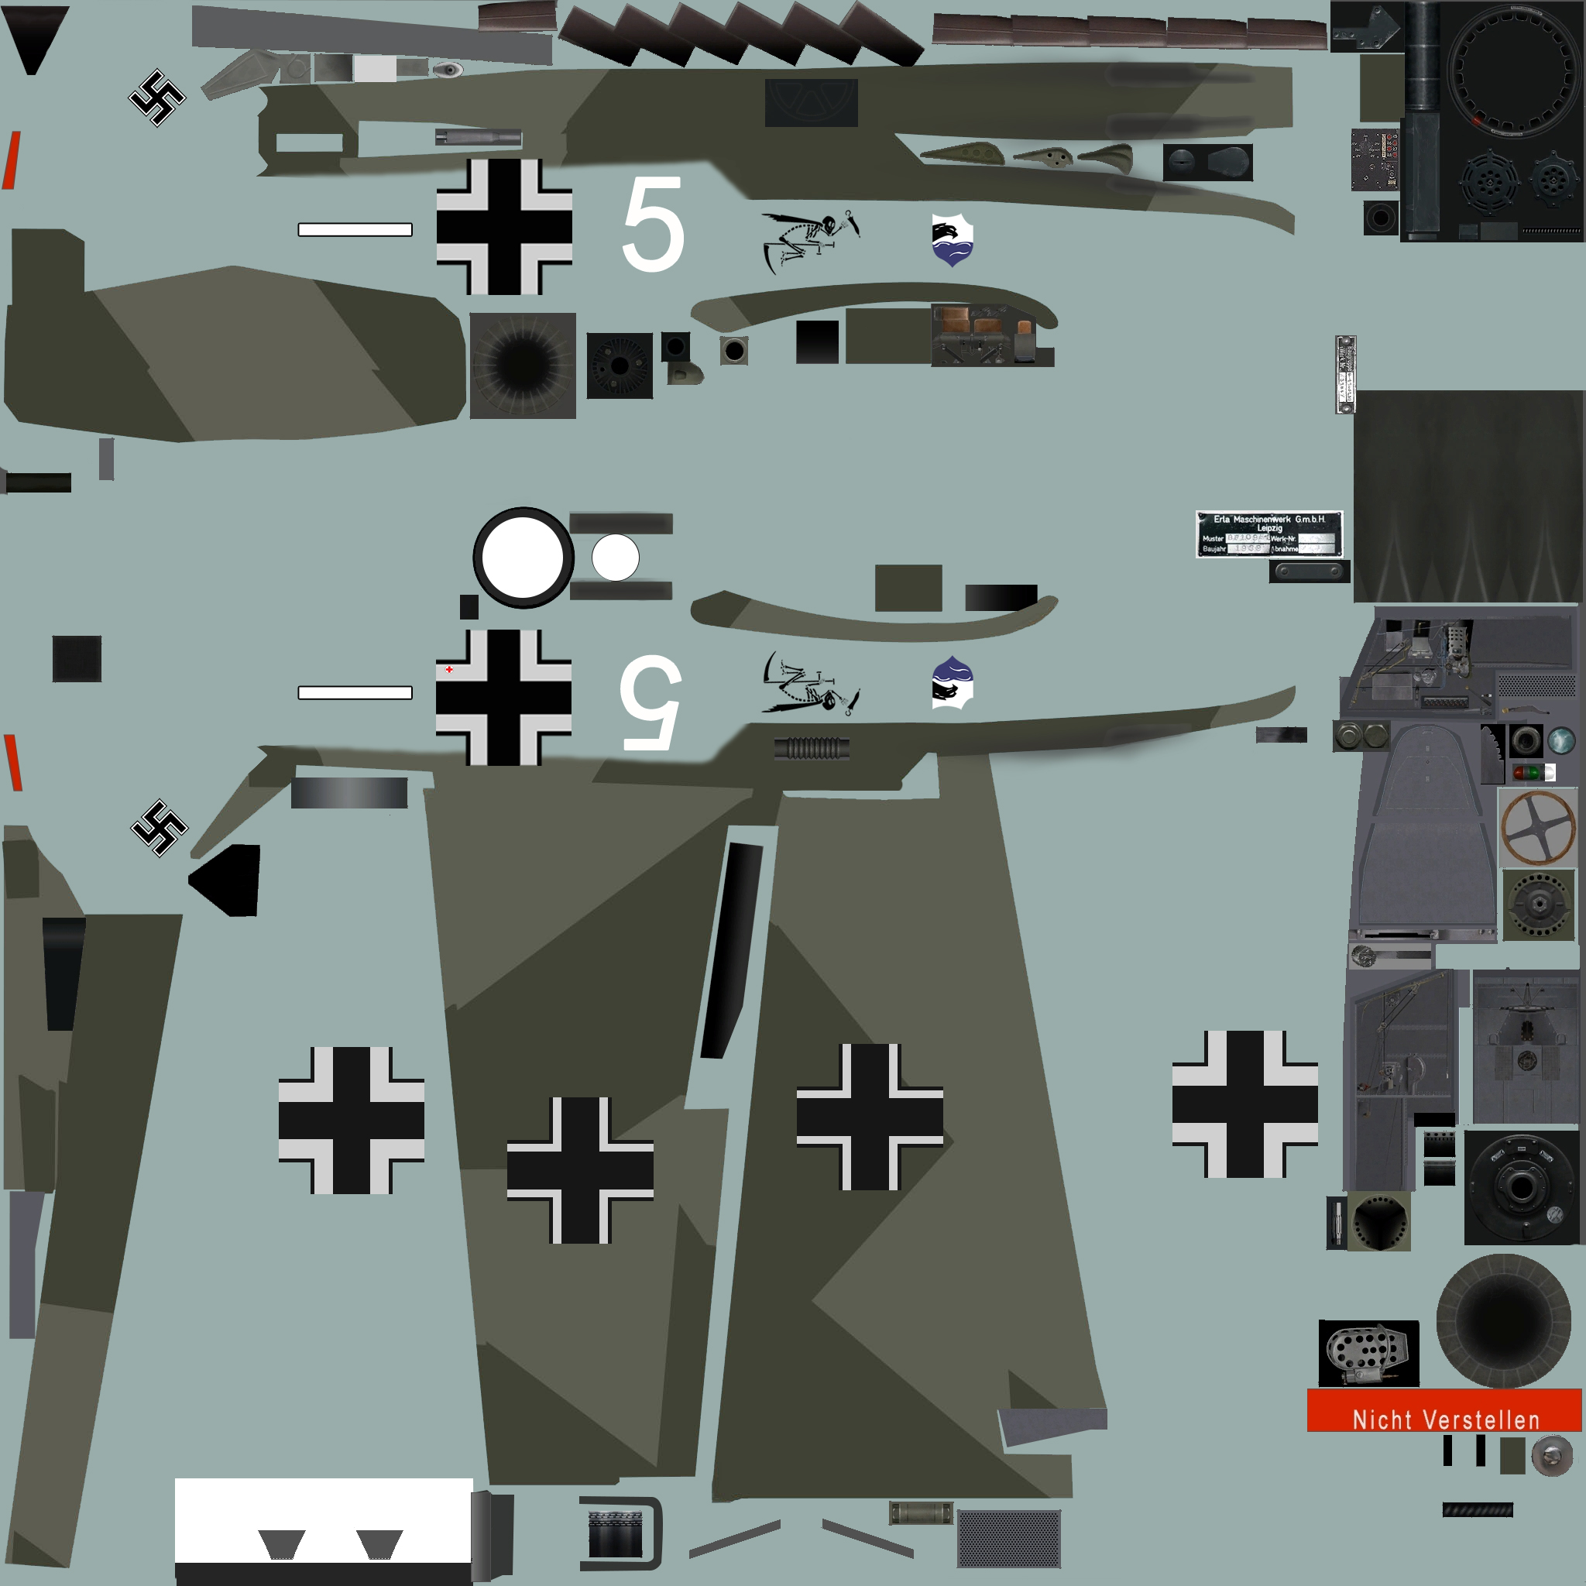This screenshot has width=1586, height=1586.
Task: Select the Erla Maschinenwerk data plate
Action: (1268, 534)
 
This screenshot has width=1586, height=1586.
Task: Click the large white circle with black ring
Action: (523, 558)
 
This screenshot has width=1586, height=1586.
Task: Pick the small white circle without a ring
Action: (615, 558)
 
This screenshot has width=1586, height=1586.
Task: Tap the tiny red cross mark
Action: (449, 670)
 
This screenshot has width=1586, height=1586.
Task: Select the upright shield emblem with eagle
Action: (953, 240)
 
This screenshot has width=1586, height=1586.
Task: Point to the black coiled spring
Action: (811, 748)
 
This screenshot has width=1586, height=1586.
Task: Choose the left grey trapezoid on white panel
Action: (282, 1544)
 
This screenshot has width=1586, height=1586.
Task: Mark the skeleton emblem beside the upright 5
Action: (808, 240)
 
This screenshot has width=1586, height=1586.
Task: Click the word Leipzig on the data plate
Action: (1269, 528)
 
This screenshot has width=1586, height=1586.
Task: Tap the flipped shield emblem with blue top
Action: (953, 682)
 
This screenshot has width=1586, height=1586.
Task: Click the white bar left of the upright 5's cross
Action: (355, 230)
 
